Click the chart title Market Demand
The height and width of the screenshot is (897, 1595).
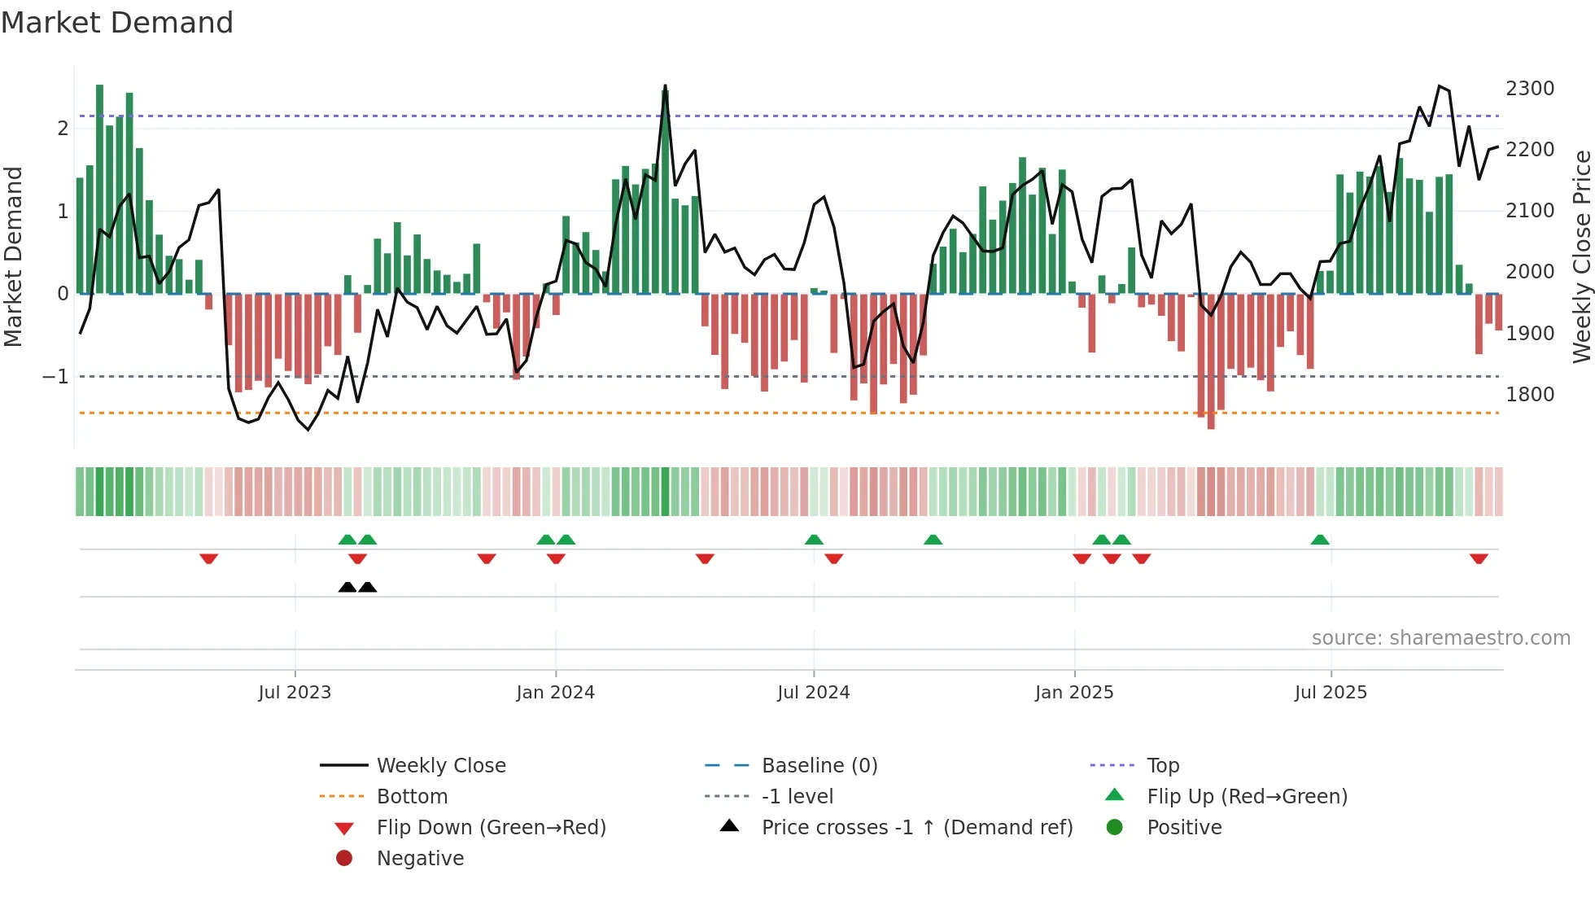point(117,23)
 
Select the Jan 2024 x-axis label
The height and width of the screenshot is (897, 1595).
point(555,693)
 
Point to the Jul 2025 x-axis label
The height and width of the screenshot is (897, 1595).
point(1331,693)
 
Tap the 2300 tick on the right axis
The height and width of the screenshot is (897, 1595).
point(1530,88)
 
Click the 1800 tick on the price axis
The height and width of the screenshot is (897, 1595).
point(1530,395)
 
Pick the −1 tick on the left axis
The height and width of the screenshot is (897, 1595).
point(55,377)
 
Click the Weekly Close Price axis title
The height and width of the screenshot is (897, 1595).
point(1581,256)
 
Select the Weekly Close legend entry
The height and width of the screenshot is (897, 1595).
point(440,766)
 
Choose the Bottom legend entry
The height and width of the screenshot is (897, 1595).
point(412,797)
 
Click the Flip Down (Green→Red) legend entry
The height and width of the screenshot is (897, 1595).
point(491,828)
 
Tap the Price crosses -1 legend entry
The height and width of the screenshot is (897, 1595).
point(916,828)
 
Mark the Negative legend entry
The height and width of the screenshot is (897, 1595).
point(420,859)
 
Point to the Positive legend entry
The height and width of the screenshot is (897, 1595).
point(1184,828)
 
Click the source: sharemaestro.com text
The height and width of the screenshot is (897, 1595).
point(1440,638)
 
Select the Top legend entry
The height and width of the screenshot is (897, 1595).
point(1163,766)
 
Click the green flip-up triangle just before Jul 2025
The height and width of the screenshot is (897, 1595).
point(1320,540)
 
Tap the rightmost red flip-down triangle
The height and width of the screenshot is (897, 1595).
point(1479,558)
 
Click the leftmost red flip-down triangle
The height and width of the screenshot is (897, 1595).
point(208,558)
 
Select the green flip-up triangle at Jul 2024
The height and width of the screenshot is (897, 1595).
point(814,540)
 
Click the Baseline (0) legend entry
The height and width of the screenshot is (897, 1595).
point(819,766)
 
